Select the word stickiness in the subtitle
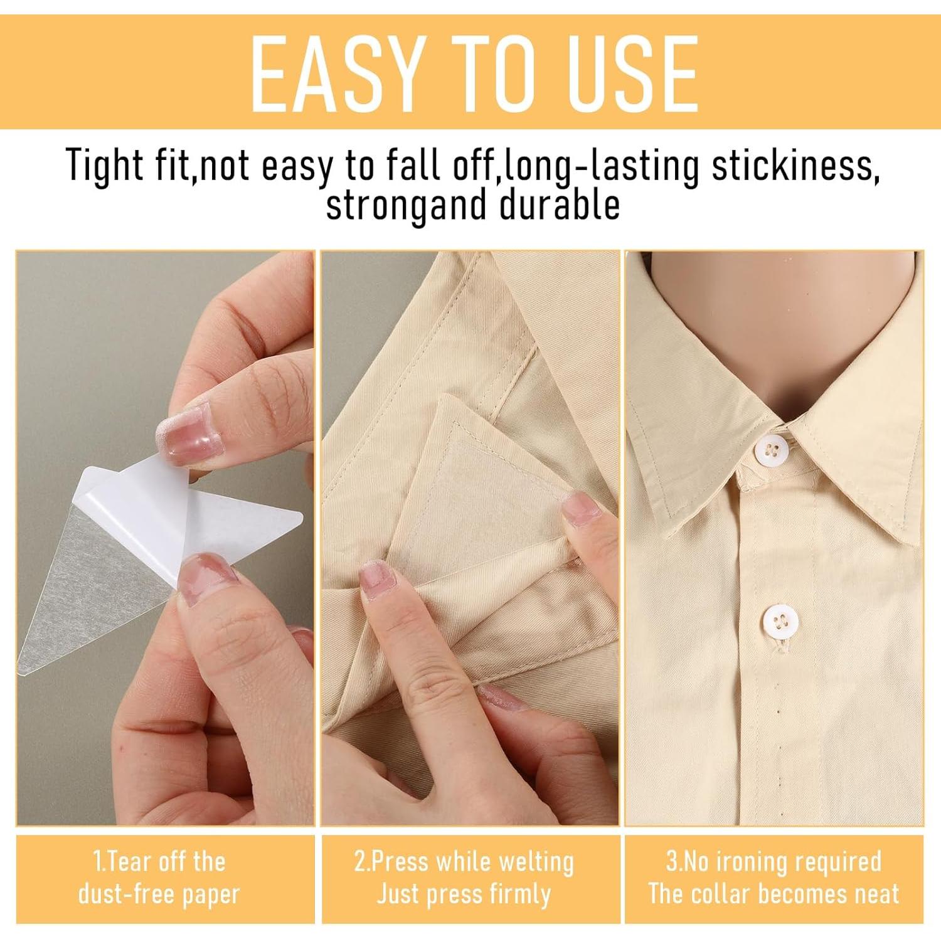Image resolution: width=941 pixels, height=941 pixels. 793,166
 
